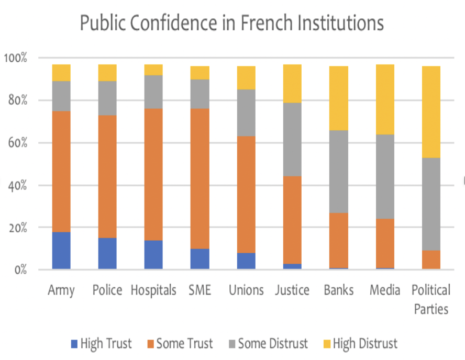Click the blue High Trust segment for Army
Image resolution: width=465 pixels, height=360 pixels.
(x=61, y=251)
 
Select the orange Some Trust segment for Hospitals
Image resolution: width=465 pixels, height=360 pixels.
(x=153, y=174)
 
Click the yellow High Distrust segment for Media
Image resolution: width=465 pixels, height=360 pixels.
(x=384, y=99)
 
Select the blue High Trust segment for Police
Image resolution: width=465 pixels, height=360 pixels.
(x=107, y=254)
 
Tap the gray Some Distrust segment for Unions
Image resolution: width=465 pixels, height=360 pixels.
(x=246, y=113)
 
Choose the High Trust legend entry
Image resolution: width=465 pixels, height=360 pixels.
(x=102, y=344)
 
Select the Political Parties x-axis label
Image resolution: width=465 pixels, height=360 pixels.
(x=430, y=299)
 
